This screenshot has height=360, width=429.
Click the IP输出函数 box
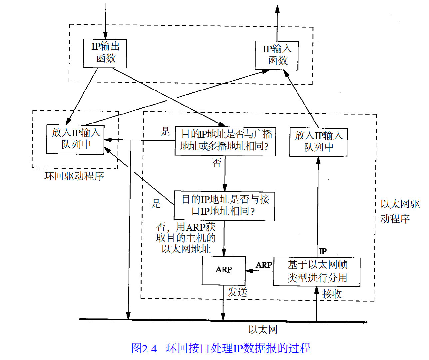coord(105,53)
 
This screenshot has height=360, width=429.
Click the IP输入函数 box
coord(277,55)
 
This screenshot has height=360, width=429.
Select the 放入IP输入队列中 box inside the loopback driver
coord(75,139)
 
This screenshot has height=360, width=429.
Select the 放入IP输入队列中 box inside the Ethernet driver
coord(318,142)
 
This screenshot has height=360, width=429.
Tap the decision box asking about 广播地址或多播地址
coord(225,141)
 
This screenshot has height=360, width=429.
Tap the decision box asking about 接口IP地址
coord(224,206)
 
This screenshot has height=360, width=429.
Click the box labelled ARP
coord(224,270)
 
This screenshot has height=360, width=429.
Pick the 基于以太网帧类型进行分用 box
coord(317,272)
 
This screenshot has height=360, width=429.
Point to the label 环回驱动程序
coord(74,176)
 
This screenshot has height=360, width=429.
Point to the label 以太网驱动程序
coord(400,211)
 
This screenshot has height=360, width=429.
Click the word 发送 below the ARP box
coord(237,292)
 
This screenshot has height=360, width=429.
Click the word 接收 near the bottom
coord(332,294)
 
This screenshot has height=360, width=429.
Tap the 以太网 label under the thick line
coord(263,330)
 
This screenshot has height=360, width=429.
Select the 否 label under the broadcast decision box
coord(217,163)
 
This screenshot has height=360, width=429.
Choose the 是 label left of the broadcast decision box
coord(165,131)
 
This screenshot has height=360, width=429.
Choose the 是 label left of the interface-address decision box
coord(156,203)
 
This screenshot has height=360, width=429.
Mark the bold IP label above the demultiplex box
coord(323,251)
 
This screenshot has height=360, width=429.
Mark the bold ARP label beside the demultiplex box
coord(264,265)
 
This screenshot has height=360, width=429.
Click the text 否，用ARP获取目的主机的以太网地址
coord(186,238)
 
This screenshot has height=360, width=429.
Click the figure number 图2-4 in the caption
coord(144,348)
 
